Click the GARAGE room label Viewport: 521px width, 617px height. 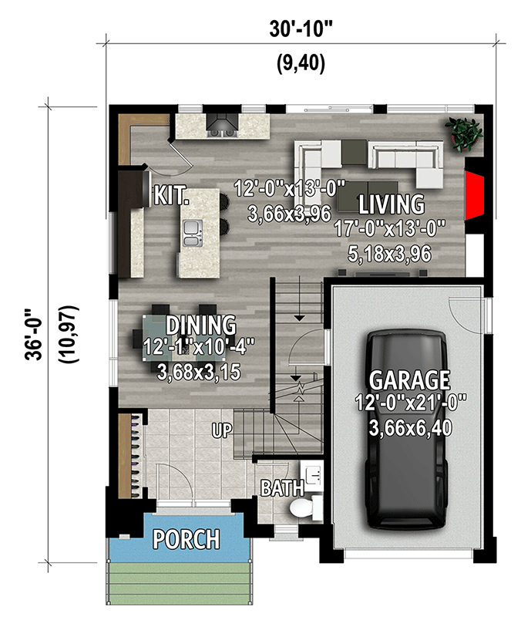408,379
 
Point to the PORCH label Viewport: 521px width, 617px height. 185,538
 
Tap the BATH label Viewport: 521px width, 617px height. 276,488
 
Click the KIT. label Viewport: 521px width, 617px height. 171,194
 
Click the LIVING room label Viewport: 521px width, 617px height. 391,204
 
